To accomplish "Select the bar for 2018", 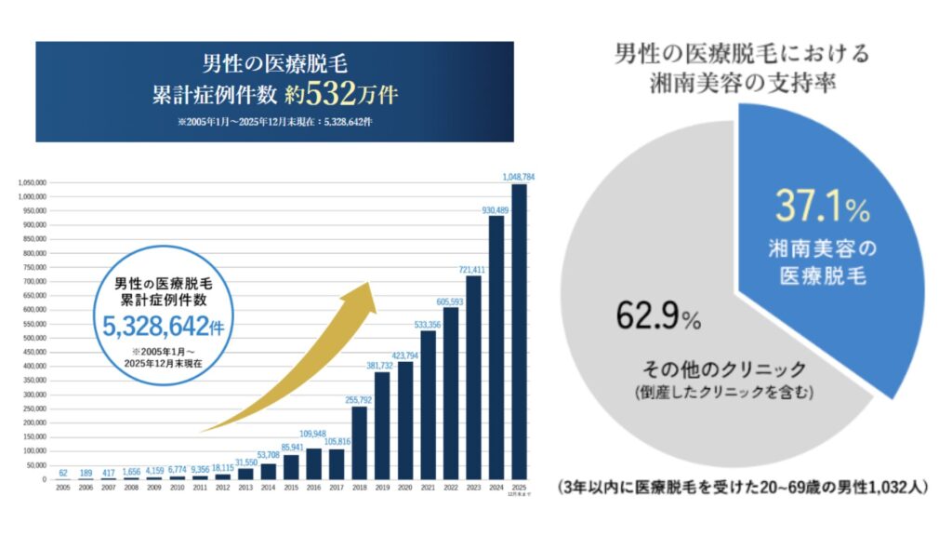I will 360,443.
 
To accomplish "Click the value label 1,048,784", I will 518,176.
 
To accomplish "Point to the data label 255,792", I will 360,399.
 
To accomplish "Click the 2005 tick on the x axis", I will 62,488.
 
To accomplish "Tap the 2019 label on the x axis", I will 382,488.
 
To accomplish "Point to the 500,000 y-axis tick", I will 33,338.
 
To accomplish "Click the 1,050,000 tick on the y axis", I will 32,182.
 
